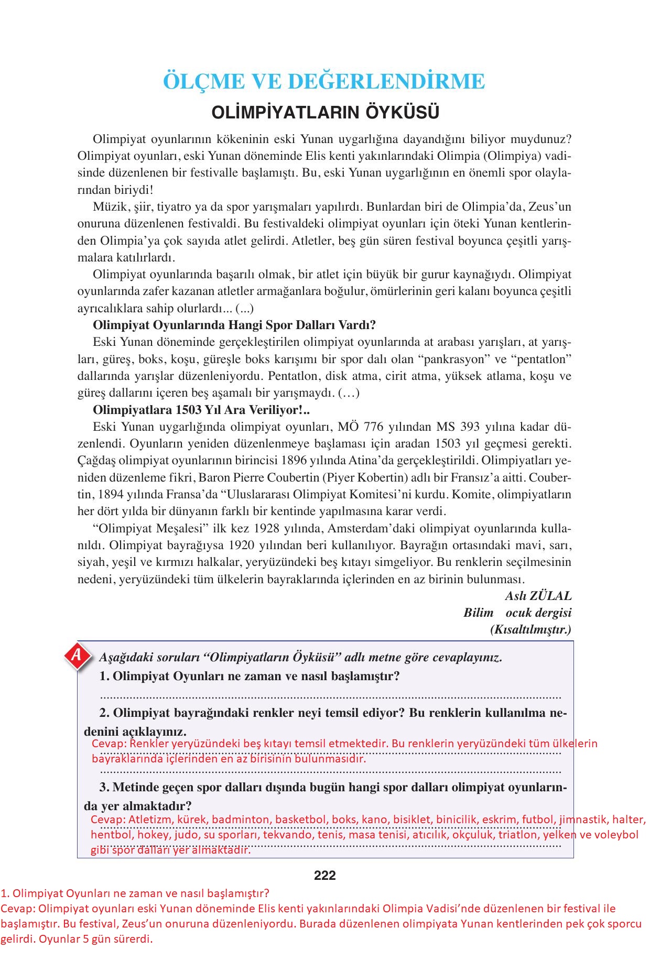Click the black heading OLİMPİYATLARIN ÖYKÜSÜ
pyautogui.click(x=324, y=113)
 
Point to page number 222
pyautogui.click(x=324, y=875)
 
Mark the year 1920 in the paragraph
pyautogui.click(x=246, y=545)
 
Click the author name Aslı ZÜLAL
pyautogui.click(x=538, y=596)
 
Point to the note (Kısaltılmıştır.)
pyautogui.click(x=530, y=629)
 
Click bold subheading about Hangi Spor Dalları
pyautogui.click(x=234, y=325)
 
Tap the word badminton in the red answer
pyautogui.click(x=242, y=820)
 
